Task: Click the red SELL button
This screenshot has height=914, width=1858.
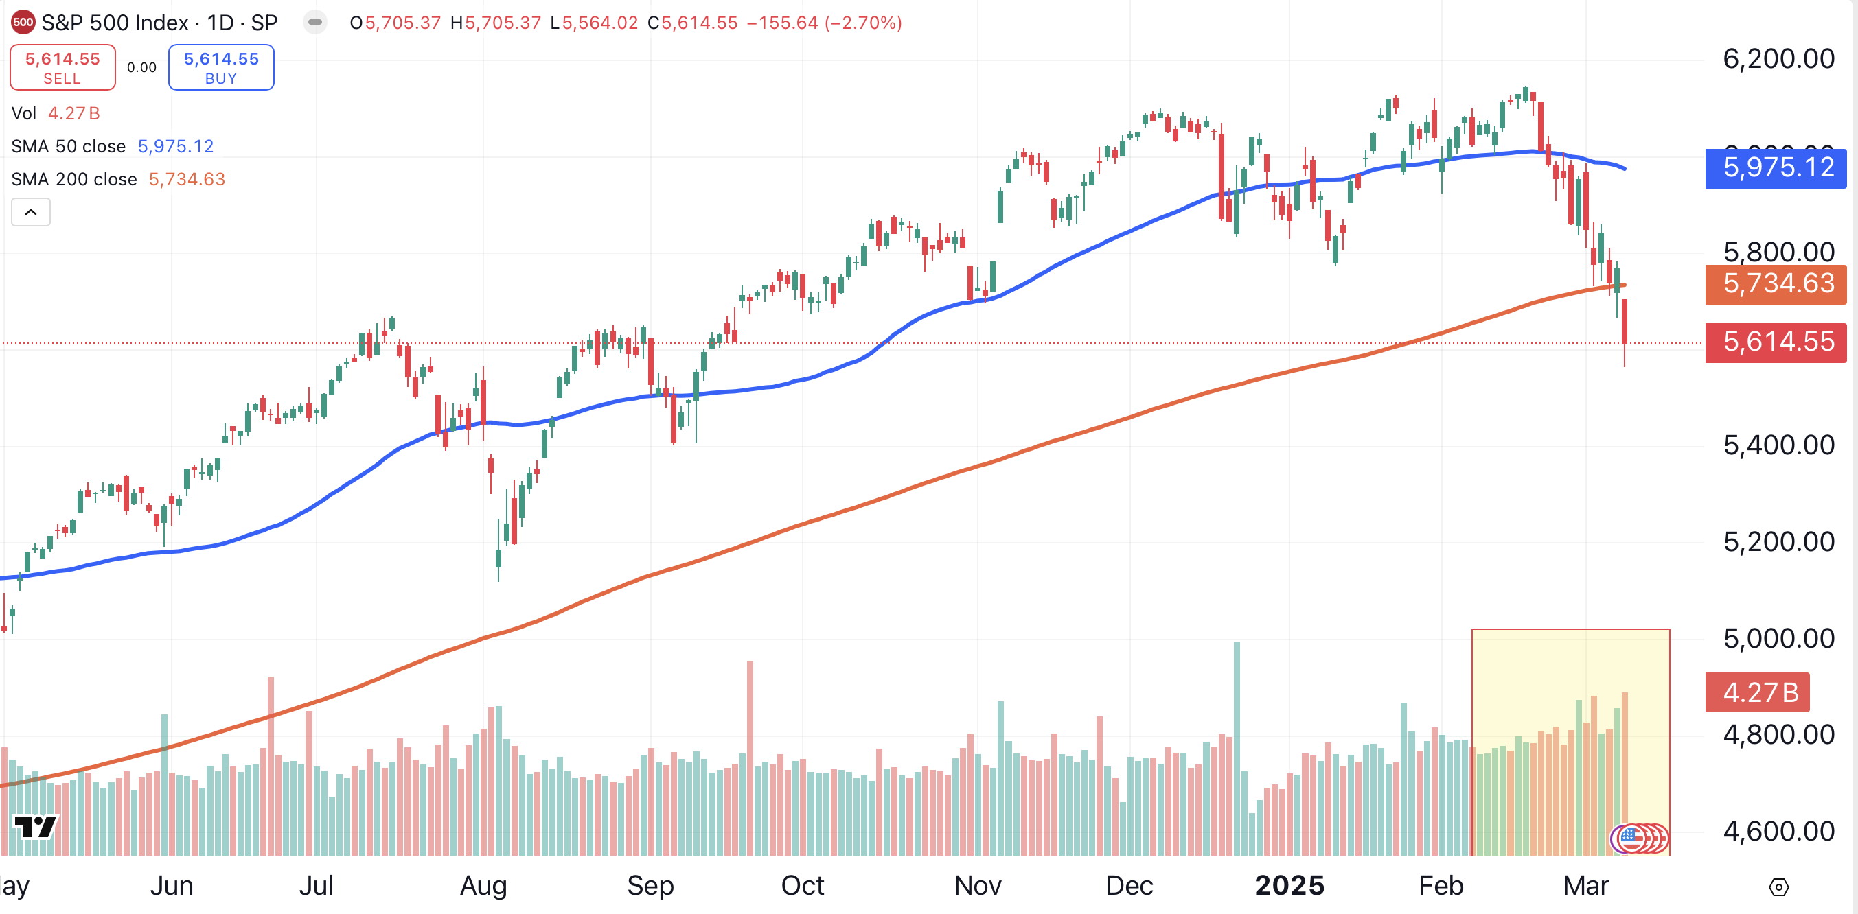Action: coord(62,67)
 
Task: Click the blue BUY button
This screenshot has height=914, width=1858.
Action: coord(220,67)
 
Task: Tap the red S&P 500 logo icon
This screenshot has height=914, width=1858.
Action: coord(23,23)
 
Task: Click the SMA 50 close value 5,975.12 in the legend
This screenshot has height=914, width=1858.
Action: coord(175,146)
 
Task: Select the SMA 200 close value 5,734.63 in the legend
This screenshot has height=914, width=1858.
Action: coord(187,180)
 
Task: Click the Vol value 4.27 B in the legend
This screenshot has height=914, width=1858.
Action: coord(73,113)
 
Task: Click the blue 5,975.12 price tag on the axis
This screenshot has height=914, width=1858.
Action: coord(1776,168)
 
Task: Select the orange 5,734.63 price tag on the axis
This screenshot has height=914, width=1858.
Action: coord(1776,284)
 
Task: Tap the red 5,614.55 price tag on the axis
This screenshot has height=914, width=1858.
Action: coord(1776,342)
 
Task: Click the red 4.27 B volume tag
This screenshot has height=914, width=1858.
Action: coord(1757,693)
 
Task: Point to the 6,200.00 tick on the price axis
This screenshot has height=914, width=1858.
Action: coord(1778,59)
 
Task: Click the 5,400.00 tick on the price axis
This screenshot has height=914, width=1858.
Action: coord(1778,445)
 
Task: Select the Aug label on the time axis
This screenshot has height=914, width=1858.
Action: coord(483,885)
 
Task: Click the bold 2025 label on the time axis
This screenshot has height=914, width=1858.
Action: coord(1289,885)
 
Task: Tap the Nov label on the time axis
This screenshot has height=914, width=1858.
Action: coord(977,885)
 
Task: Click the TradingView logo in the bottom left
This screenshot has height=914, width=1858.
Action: coord(34,826)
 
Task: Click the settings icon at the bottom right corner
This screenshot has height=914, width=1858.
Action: coord(1778,887)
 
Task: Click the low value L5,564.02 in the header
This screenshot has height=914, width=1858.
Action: coord(594,23)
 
